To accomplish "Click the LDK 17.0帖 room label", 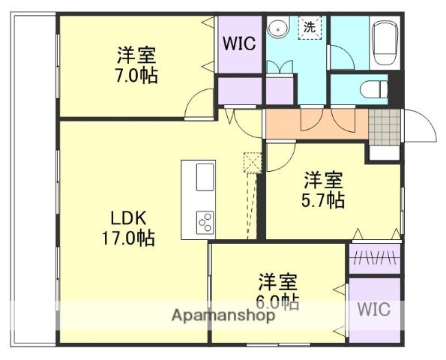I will coord(128,228).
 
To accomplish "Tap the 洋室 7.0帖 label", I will coord(136,65).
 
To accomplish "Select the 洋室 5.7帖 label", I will coord(324,190).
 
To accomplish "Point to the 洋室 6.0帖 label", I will coord(278,292).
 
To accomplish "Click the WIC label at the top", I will coord(239,43).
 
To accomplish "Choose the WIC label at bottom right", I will coord(373,310).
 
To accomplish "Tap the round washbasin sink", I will coord(279,28).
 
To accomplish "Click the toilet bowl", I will coord(372,89).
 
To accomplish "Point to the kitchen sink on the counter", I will coord(205,178).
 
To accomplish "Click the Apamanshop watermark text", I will coord(223,316).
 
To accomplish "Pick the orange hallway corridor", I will coord(315,124).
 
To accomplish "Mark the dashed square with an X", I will coord(252,162).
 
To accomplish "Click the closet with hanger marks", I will coord(373,258).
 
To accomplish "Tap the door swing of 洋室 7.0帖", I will coord(201,103).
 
